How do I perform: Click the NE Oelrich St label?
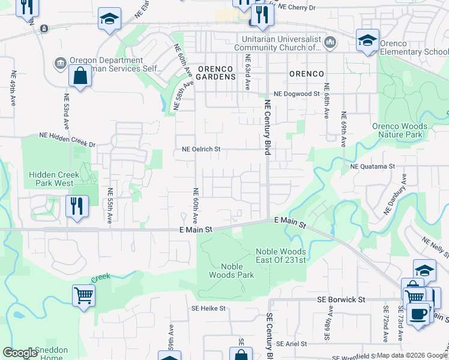pos(202,149)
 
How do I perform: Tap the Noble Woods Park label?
pos(232,271)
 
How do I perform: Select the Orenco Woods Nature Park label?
pos(400,131)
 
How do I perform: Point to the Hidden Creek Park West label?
pos(52,179)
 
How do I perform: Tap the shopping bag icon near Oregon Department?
pos(79,77)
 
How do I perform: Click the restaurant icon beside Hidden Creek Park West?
pos(77,206)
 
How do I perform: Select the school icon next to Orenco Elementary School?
pos(367,41)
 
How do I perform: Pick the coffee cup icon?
pos(418,314)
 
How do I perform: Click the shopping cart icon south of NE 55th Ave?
pos(83,296)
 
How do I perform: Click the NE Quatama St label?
pos(372,166)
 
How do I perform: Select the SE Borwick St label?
pos(341,299)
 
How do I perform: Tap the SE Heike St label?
pos(208,308)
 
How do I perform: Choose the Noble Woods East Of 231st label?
pos(281,256)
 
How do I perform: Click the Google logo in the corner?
pos(20,353)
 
